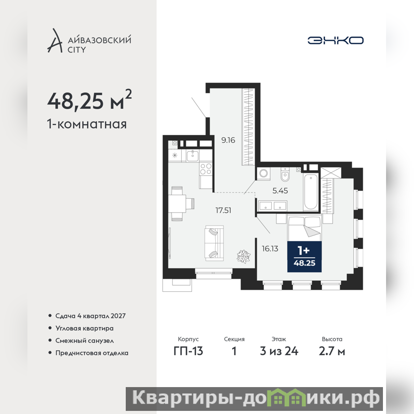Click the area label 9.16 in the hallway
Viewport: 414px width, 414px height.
[x=228, y=140]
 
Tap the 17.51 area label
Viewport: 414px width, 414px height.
[x=224, y=211]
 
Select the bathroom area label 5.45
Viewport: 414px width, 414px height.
[x=280, y=190]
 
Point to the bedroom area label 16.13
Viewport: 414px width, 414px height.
[x=270, y=249]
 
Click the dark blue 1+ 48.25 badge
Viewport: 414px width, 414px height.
[x=304, y=257]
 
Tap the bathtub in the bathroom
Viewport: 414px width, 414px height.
[x=310, y=192]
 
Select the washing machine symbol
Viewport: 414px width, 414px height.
[x=263, y=173]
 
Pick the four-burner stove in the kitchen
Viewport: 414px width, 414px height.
[x=205, y=169]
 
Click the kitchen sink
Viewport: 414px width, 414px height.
[x=193, y=156]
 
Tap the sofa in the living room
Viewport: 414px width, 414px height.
[x=214, y=243]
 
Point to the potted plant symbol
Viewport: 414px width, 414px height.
[x=243, y=256]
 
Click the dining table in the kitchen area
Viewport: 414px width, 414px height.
[x=178, y=203]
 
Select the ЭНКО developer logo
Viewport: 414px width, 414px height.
[x=335, y=40]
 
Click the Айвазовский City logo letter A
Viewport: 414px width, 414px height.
[x=55, y=40]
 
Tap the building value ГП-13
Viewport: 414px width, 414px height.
[x=188, y=351]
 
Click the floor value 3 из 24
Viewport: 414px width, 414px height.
[x=279, y=351]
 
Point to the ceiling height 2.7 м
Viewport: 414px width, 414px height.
[x=332, y=351]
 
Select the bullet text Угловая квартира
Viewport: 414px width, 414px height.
[x=84, y=328]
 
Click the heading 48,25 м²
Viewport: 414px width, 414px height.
[x=89, y=99]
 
